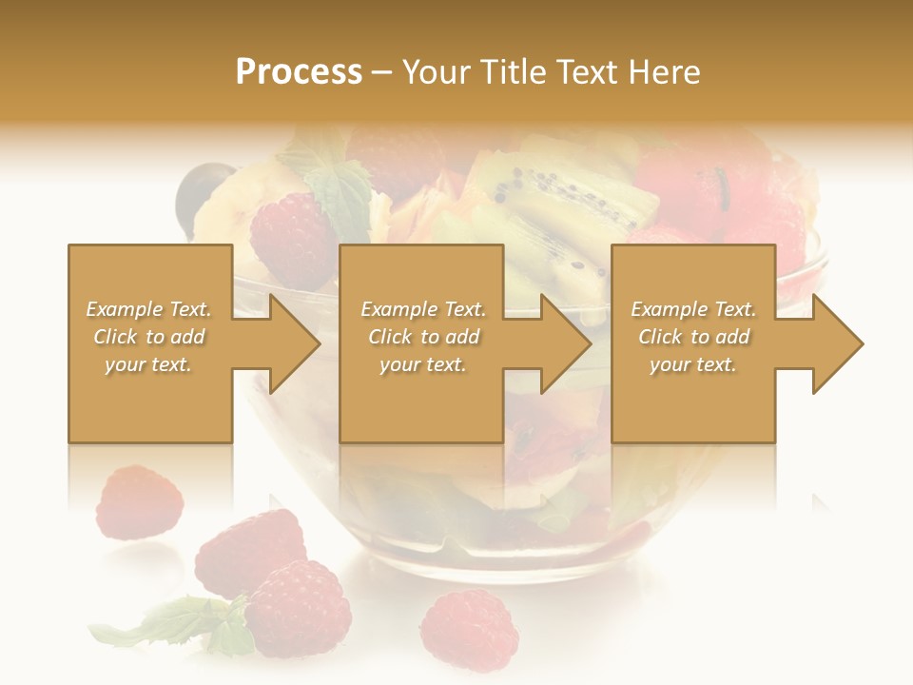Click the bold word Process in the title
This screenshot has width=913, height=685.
299,72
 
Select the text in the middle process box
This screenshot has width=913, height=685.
422,337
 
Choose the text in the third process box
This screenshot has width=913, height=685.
693,337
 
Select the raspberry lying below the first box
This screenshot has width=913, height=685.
139,501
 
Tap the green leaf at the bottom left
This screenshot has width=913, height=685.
162,623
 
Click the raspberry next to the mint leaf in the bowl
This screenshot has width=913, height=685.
290,238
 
